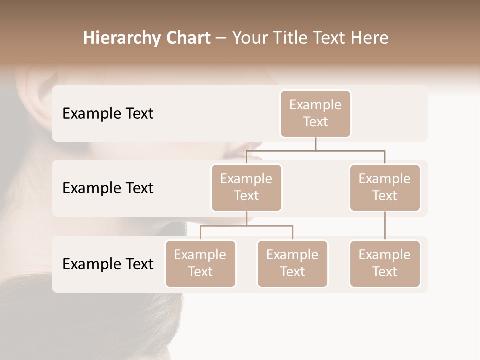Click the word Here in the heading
pos(370,38)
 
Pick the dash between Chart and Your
pos(221,38)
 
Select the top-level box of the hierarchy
pos(315,114)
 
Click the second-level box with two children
pos(246,188)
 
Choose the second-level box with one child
pos(385,188)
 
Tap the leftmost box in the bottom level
pos(200,264)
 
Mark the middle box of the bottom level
pos(292,264)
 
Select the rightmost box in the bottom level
pos(385,264)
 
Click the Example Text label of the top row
pos(108,114)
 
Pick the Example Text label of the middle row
pos(108,188)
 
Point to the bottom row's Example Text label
pos(108,264)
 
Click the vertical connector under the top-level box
pos(315,144)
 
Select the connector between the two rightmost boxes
pos(385,226)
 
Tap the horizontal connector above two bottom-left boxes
pos(246,226)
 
